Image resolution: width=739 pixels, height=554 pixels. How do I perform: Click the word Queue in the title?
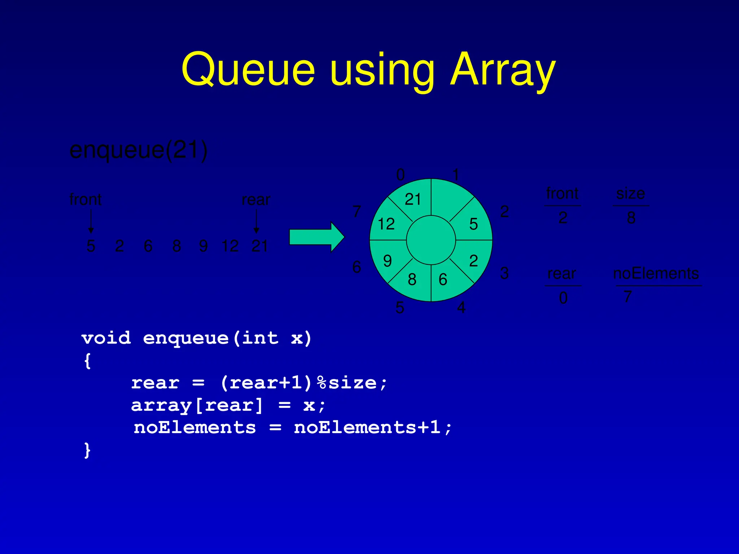click(248, 69)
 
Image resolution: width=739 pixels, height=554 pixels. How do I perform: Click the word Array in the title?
click(503, 69)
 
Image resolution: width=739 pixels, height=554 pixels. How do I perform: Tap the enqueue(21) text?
click(138, 150)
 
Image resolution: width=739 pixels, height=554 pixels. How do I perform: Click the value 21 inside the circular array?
click(413, 199)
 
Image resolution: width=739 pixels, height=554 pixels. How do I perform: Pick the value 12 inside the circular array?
click(386, 224)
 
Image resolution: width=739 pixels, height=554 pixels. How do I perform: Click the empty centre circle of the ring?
click(431, 240)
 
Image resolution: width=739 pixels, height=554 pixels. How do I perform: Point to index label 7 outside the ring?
click(357, 211)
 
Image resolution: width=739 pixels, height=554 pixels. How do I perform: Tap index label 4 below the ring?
click(461, 308)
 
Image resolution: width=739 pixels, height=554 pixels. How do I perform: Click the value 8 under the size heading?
click(631, 218)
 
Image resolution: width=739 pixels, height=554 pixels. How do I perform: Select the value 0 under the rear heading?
click(563, 298)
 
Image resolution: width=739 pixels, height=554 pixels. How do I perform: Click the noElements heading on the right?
click(656, 273)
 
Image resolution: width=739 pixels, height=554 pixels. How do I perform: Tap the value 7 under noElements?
click(628, 297)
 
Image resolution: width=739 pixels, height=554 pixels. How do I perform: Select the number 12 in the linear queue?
click(230, 246)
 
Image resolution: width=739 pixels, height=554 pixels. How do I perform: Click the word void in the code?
click(106, 338)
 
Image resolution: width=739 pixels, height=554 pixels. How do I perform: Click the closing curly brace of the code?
click(87, 450)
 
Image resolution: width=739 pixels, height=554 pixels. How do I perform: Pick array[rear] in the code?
click(197, 405)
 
